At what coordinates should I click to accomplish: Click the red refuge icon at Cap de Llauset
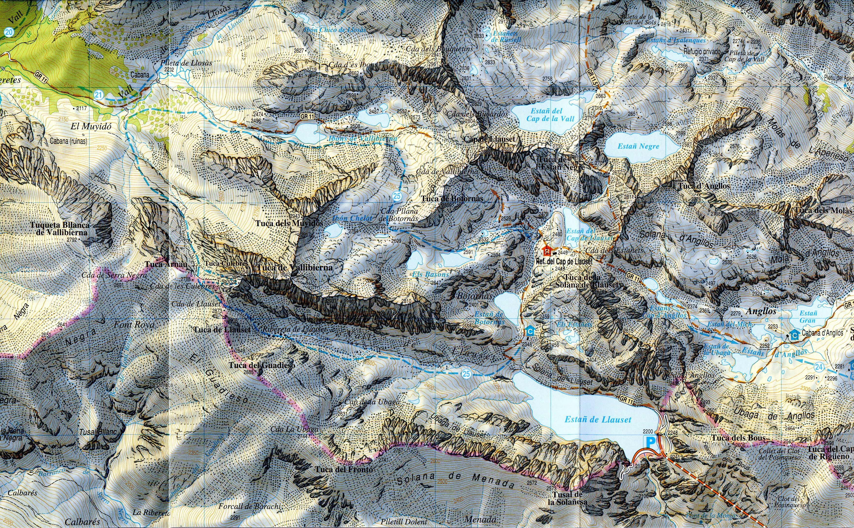pyautogui.click(x=546, y=250)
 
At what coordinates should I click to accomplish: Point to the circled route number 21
pyautogui.click(x=99, y=95)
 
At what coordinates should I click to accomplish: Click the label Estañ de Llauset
pyautogui.click(x=598, y=420)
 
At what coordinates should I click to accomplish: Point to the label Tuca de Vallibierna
pyautogui.click(x=294, y=268)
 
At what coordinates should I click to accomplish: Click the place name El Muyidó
pyautogui.click(x=91, y=126)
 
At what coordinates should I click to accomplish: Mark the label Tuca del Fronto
pyautogui.click(x=344, y=470)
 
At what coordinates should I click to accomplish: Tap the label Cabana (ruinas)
pyautogui.click(x=68, y=141)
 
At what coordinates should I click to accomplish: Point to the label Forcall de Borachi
pyautogui.click(x=249, y=506)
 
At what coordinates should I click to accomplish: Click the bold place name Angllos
pyautogui.click(x=761, y=311)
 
